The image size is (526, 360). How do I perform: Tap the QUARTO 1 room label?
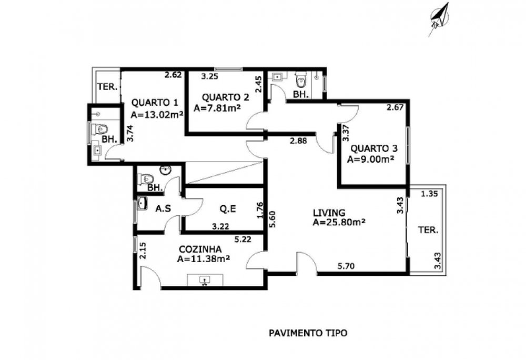(155, 102)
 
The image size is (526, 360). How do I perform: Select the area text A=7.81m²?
(217, 108)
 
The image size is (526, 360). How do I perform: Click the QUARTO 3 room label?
(374, 148)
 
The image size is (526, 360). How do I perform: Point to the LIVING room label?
(329, 213)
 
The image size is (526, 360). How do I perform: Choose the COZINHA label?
(200, 249)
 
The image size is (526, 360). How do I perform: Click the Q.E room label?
(228, 209)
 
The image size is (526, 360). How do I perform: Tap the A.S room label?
(163, 209)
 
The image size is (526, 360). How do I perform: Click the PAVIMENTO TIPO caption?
(308, 333)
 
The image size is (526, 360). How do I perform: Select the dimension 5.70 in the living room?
(346, 266)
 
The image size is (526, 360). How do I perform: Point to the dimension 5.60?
(272, 219)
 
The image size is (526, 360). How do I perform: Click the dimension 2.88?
(298, 141)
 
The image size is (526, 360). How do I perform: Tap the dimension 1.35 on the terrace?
(429, 194)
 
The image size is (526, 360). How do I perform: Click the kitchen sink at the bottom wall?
(205, 280)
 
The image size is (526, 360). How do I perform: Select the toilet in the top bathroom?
(300, 81)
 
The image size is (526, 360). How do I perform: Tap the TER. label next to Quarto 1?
(107, 87)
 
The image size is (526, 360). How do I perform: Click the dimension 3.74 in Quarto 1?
(130, 133)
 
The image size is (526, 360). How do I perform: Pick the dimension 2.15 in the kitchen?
(143, 251)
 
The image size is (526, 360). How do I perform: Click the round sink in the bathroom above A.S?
(165, 171)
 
